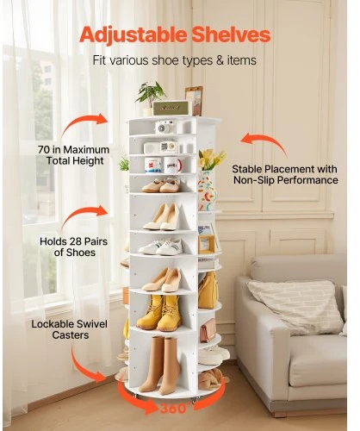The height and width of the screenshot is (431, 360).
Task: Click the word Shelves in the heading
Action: pos(231,34)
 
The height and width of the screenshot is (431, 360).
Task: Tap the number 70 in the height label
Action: pos(44,149)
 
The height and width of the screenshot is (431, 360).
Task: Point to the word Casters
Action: pos(71,335)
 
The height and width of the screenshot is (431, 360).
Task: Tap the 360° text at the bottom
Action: pos(174,409)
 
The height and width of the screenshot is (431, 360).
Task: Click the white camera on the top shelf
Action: pos(165,127)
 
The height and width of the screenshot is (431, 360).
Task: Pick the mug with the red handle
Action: pos(173,165)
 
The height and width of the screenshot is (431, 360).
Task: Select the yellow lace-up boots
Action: pos(158,313)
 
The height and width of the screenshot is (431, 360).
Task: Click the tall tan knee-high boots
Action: pos(161,365)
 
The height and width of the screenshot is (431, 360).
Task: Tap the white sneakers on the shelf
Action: pos(161,247)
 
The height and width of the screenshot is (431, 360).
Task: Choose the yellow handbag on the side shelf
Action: pos(208,290)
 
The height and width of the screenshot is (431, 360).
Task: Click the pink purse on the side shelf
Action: pos(208,330)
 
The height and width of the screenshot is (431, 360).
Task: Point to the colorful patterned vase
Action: pos(207,191)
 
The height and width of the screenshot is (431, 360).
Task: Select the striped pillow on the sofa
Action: pos(295,307)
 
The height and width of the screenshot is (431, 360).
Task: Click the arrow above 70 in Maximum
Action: pos(84,122)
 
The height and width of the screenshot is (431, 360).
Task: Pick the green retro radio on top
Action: pos(172,108)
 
